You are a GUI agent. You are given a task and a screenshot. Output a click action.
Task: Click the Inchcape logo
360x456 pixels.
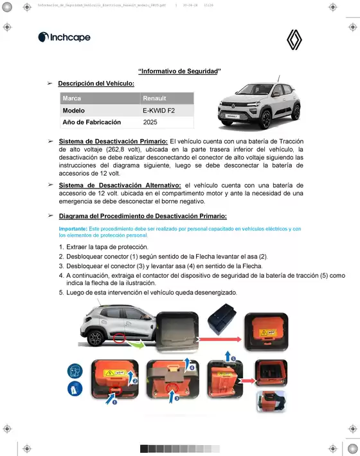64,37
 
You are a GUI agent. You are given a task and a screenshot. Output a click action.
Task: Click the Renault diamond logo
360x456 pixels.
294,42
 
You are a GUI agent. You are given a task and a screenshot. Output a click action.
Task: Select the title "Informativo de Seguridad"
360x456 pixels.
180,71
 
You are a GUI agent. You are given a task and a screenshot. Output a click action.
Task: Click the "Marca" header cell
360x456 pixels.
72,98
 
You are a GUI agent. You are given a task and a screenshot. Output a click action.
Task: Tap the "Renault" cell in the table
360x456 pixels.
154,98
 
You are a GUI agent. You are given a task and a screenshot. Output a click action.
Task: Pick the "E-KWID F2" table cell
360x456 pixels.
159,111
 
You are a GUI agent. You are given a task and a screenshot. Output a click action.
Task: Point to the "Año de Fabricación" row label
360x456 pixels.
88,122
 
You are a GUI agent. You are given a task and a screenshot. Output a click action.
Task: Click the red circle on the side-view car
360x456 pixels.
119,337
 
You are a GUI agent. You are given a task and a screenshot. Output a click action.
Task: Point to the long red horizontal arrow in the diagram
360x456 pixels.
218,337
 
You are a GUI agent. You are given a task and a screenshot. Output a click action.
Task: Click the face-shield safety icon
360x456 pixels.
75,371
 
